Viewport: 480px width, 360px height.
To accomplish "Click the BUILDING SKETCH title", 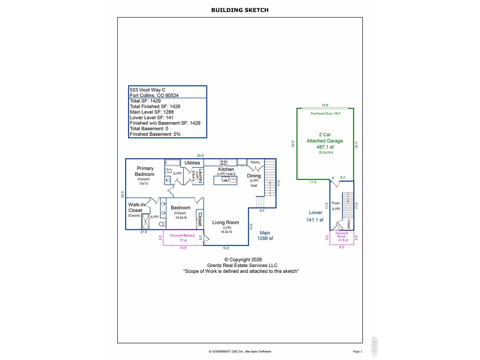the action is (x=240, y=10).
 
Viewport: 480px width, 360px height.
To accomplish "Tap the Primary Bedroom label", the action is (x=144, y=171).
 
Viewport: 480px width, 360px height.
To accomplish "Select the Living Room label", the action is (x=225, y=222).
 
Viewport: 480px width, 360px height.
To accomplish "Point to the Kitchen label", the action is (x=226, y=169).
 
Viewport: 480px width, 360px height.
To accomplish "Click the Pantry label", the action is (x=255, y=162).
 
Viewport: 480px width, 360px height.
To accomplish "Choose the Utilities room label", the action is (x=192, y=163).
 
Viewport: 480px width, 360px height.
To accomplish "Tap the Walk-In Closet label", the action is (x=136, y=207).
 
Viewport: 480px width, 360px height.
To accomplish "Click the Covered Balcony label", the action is (x=182, y=235).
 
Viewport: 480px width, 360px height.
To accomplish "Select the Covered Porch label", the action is (x=342, y=235).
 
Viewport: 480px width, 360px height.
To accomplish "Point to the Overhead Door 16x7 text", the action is (x=325, y=114).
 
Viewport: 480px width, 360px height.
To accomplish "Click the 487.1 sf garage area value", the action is (x=325, y=147).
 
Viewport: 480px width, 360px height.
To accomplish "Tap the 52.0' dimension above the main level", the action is (x=201, y=156).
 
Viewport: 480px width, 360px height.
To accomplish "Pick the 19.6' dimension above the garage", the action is (x=325, y=105).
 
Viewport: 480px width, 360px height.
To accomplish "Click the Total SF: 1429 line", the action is (x=145, y=101).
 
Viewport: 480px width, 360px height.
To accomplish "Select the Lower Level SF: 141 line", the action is (x=151, y=118).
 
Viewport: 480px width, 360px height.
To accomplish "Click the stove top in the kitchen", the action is (x=223, y=163).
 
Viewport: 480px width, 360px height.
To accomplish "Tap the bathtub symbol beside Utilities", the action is (x=172, y=162).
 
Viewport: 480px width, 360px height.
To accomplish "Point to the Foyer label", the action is (x=336, y=203).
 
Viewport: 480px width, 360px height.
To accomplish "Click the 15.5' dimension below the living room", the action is (x=226, y=248).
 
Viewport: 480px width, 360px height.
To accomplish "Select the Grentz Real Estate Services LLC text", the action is (x=242, y=265).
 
